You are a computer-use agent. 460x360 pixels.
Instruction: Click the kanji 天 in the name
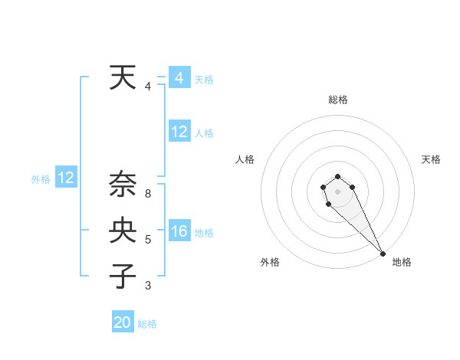(x=123, y=78)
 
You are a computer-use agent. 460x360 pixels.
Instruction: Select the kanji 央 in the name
(x=123, y=230)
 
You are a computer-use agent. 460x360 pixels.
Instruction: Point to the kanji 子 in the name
(x=123, y=275)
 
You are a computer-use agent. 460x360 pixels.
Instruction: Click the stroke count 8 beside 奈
(x=148, y=194)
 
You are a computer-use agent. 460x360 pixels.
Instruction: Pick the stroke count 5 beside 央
(x=148, y=240)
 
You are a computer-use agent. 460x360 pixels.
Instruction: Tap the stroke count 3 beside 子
(x=148, y=286)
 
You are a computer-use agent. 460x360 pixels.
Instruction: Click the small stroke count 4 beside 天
(x=148, y=87)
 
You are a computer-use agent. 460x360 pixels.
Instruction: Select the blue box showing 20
(x=123, y=322)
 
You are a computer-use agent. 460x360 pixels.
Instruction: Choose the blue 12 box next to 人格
(x=179, y=132)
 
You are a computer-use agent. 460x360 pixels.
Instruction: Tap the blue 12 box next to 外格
(x=65, y=178)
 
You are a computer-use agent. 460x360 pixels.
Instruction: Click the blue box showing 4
(x=179, y=78)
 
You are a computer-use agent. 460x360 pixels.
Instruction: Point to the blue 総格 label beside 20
(x=147, y=324)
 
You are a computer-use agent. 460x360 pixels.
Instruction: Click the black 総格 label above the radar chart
(x=338, y=100)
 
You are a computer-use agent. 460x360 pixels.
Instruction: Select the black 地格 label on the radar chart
(x=402, y=262)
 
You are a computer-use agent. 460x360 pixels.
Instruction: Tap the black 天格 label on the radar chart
(x=431, y=159)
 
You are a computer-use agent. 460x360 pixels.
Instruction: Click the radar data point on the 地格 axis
(x=383, y=254)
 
